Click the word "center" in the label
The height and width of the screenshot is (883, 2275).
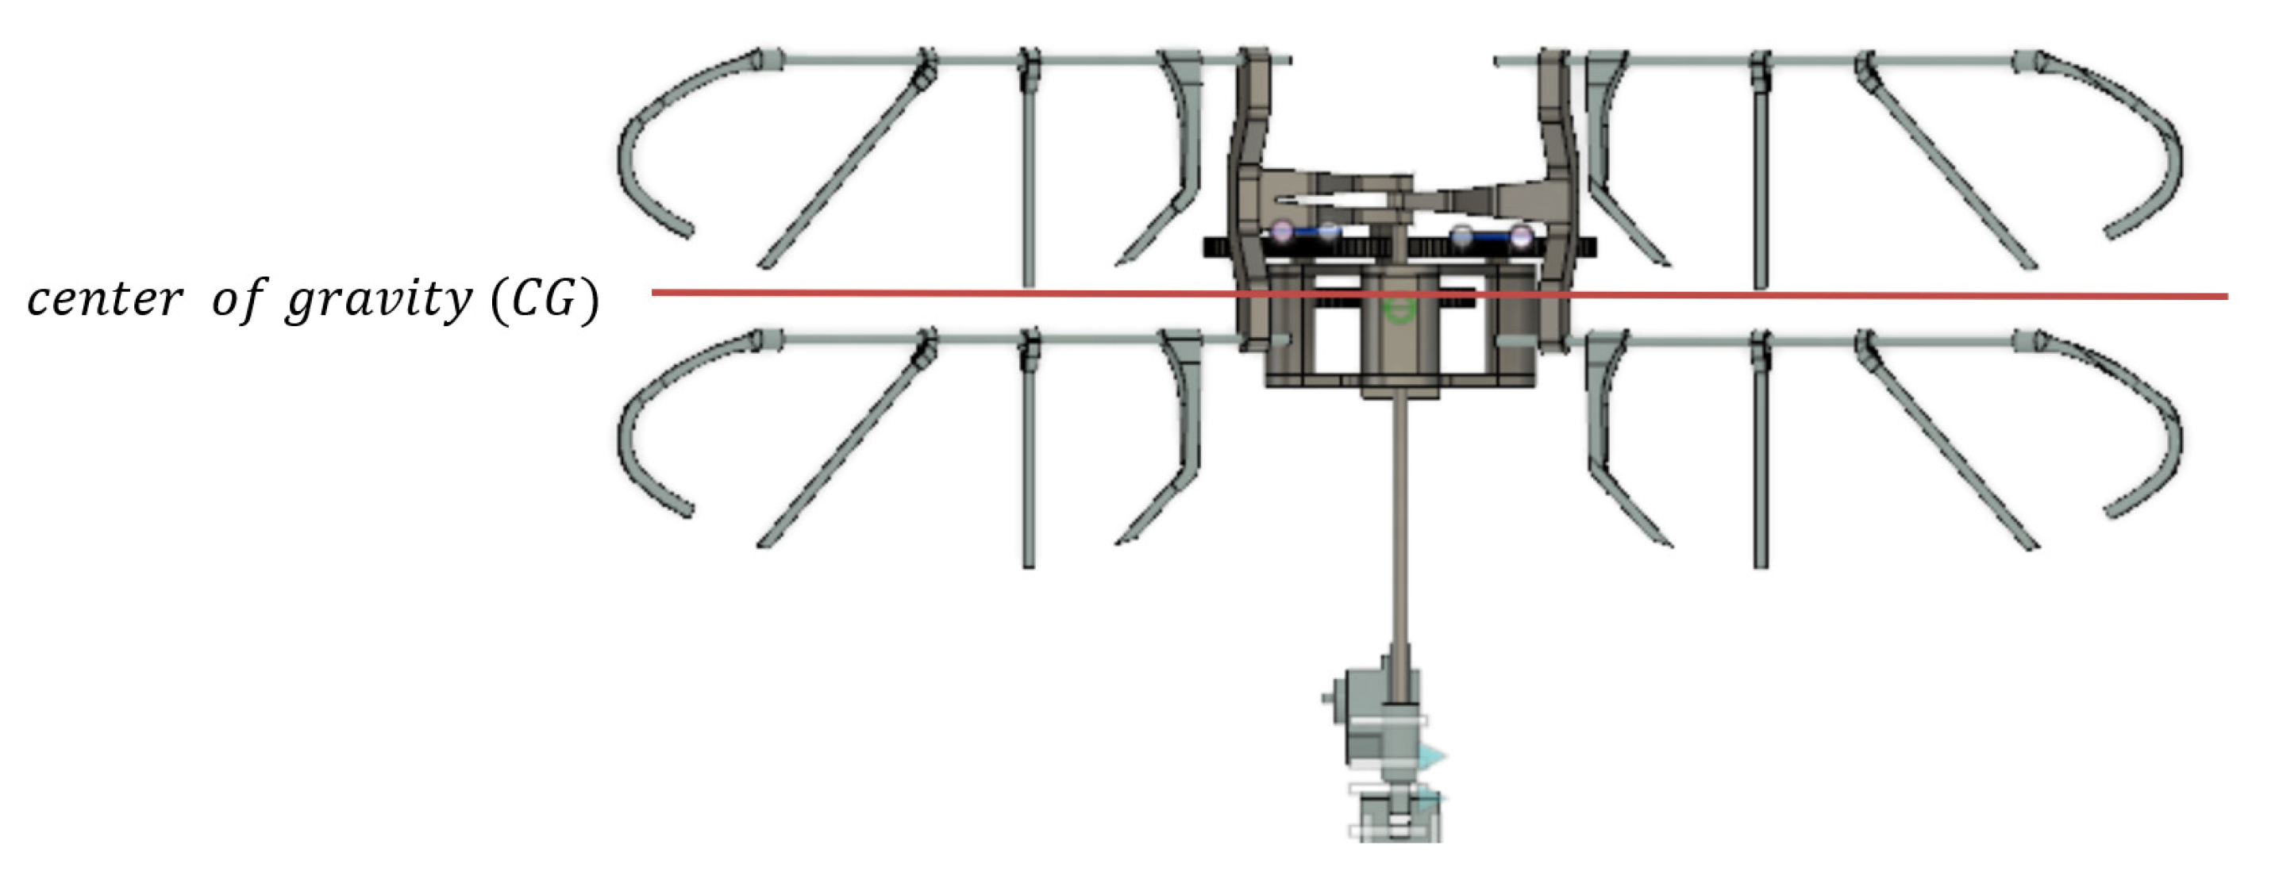pyautogui.click(x=104, y=299)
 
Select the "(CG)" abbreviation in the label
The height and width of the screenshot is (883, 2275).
pyautogui.click(x=545, y=299)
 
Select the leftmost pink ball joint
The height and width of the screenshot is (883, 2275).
pyautogui.click(x=1282, y=232)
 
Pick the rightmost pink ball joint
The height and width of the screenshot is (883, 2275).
pyautogui.click(x=1521, y=236)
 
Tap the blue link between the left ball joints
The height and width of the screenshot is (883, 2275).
pyautogui.click(x=1305, y=233)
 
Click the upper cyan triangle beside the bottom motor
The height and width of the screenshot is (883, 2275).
pyautogui.click(x=1431, y=757)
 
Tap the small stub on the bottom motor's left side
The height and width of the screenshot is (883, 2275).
pyautogui.click(x=1326, y=698)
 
